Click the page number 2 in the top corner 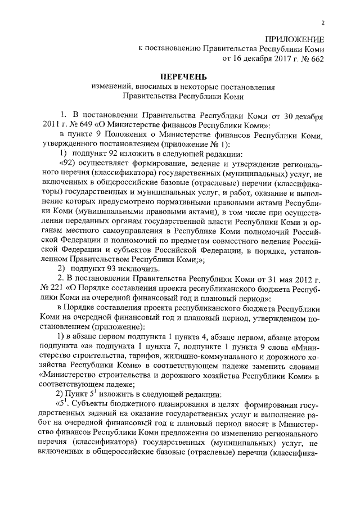322,22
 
